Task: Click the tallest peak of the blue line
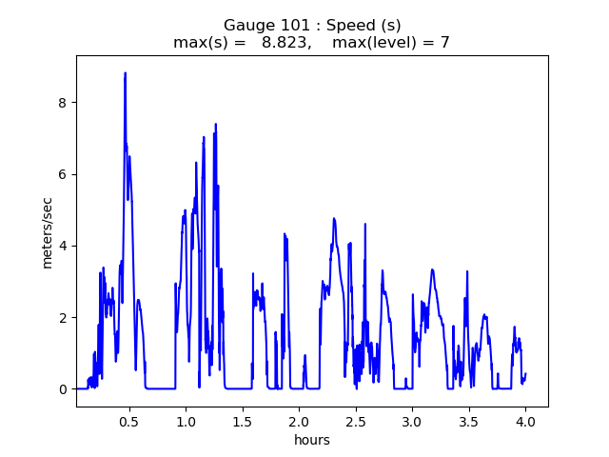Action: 125,73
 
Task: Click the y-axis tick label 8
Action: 63,103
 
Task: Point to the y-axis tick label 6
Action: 63,174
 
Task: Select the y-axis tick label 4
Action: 63,246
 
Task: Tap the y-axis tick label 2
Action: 63,317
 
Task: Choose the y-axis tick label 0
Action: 63,389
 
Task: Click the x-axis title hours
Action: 312,440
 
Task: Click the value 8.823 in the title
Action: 286,43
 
